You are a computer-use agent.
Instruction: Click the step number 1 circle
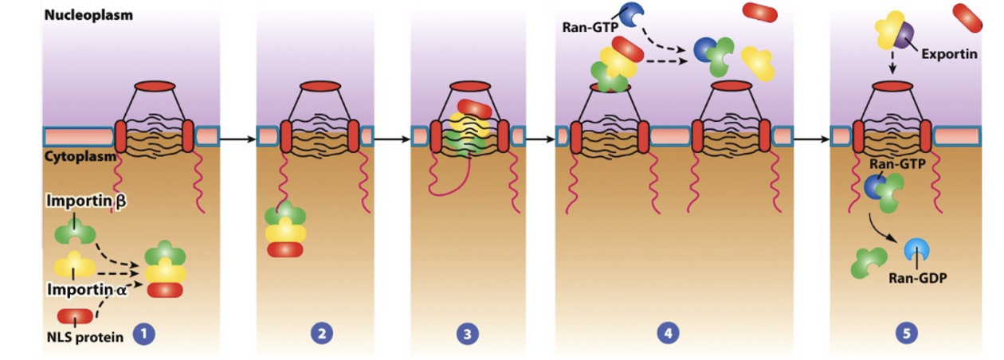coord(143,335)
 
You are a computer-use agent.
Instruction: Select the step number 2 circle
coord(320,335)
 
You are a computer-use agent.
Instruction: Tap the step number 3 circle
coord(468,335)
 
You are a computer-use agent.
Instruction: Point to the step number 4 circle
coord(668,335)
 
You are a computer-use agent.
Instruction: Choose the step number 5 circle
coord(906,335)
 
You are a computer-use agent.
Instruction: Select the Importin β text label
coord(86,202)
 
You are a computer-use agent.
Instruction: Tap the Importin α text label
coord(87,289)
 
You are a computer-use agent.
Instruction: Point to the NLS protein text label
coord(84,337)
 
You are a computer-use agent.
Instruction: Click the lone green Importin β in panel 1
coord(74,233)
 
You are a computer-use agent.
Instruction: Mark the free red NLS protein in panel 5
coord(967,17)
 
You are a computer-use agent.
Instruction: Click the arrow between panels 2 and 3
coord(392,139)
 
